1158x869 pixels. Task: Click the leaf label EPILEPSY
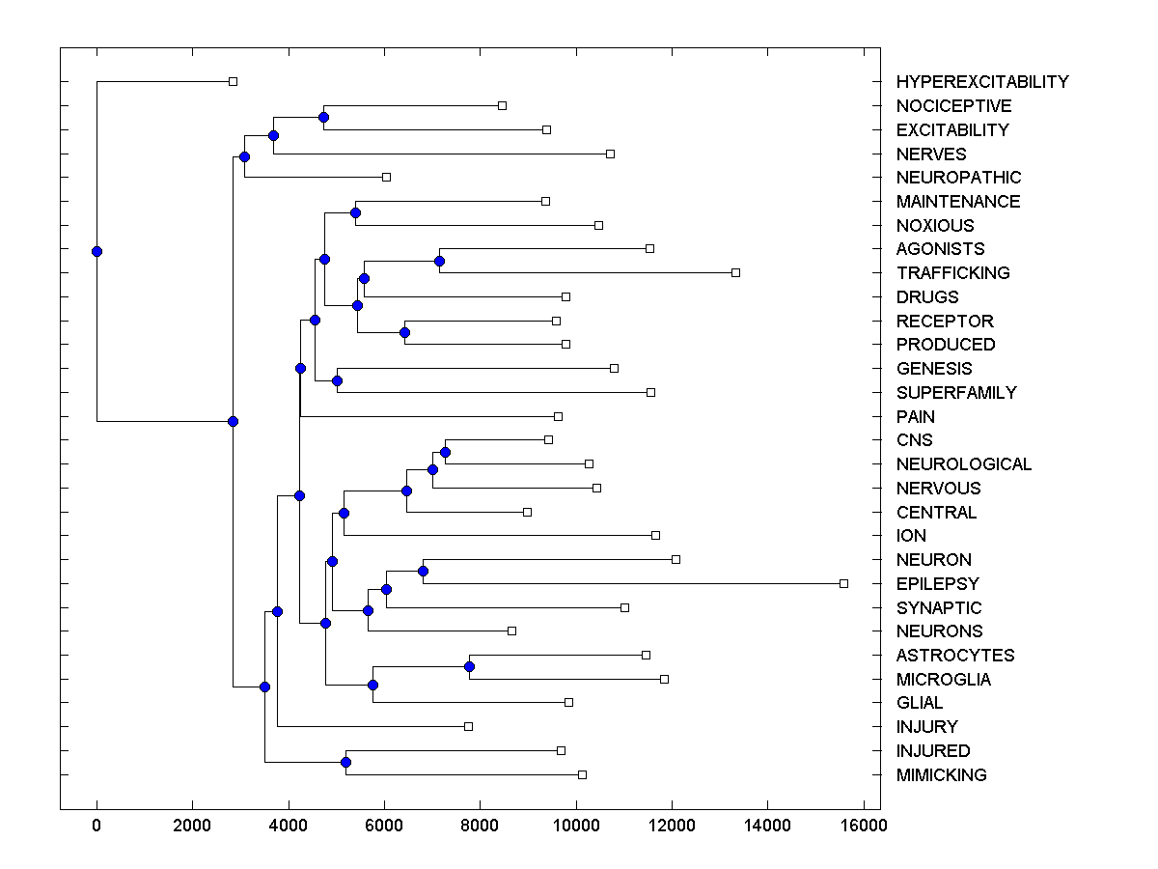click(x=937, y=584)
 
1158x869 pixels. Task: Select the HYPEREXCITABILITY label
click(x=981, y=82)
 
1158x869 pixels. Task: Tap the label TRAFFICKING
click(x=952, y=273)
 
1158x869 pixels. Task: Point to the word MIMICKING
click(x=941, y=775)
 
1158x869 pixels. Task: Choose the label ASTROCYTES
click(x=955, y=656)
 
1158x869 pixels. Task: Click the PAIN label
click(x=915, y=417)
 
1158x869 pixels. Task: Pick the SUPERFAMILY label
click(x=955, y=393)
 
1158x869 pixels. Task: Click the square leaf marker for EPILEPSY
click(x=843, y=583)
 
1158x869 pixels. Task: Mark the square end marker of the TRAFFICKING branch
click(x=735, y=272)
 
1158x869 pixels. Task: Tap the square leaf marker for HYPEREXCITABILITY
click(x=233, y=81)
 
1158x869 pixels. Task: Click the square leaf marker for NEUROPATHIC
click(x=386, y=177)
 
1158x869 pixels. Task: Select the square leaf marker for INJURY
click(x=468, y=726)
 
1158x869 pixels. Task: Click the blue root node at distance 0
click(x=96, y=251)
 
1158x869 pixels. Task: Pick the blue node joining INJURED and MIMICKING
click(x=345, y=763)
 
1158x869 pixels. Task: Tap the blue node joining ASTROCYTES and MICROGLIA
click(x=469, y=666)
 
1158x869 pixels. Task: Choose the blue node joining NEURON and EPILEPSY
click(x=423, y=571)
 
